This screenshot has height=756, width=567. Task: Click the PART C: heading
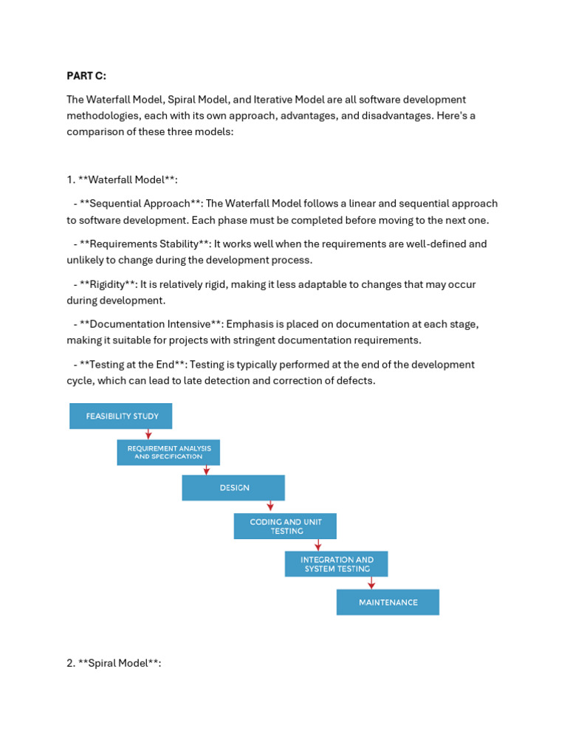pos(86,75)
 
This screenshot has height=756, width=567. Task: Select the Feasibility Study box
pos(120,416)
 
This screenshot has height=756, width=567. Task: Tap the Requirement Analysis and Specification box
pos(168,452)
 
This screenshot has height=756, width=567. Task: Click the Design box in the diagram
pos(233,488)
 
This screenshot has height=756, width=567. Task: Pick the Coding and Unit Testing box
pos(285,526)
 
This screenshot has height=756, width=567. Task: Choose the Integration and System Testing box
pos(336,564)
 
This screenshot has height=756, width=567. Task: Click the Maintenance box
pos(388,602)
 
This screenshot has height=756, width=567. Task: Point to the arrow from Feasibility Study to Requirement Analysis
pos(148,434)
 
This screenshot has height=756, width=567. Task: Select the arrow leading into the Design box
pos(207,470)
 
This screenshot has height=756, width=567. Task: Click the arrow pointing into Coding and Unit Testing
pos(270,506)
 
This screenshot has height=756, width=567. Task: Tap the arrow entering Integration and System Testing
pos(317,545)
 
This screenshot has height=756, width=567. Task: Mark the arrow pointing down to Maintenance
pos(371,583)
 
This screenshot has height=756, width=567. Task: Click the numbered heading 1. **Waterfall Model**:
pos(122,179)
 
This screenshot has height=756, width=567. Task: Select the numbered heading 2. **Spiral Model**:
pos(114,663)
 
